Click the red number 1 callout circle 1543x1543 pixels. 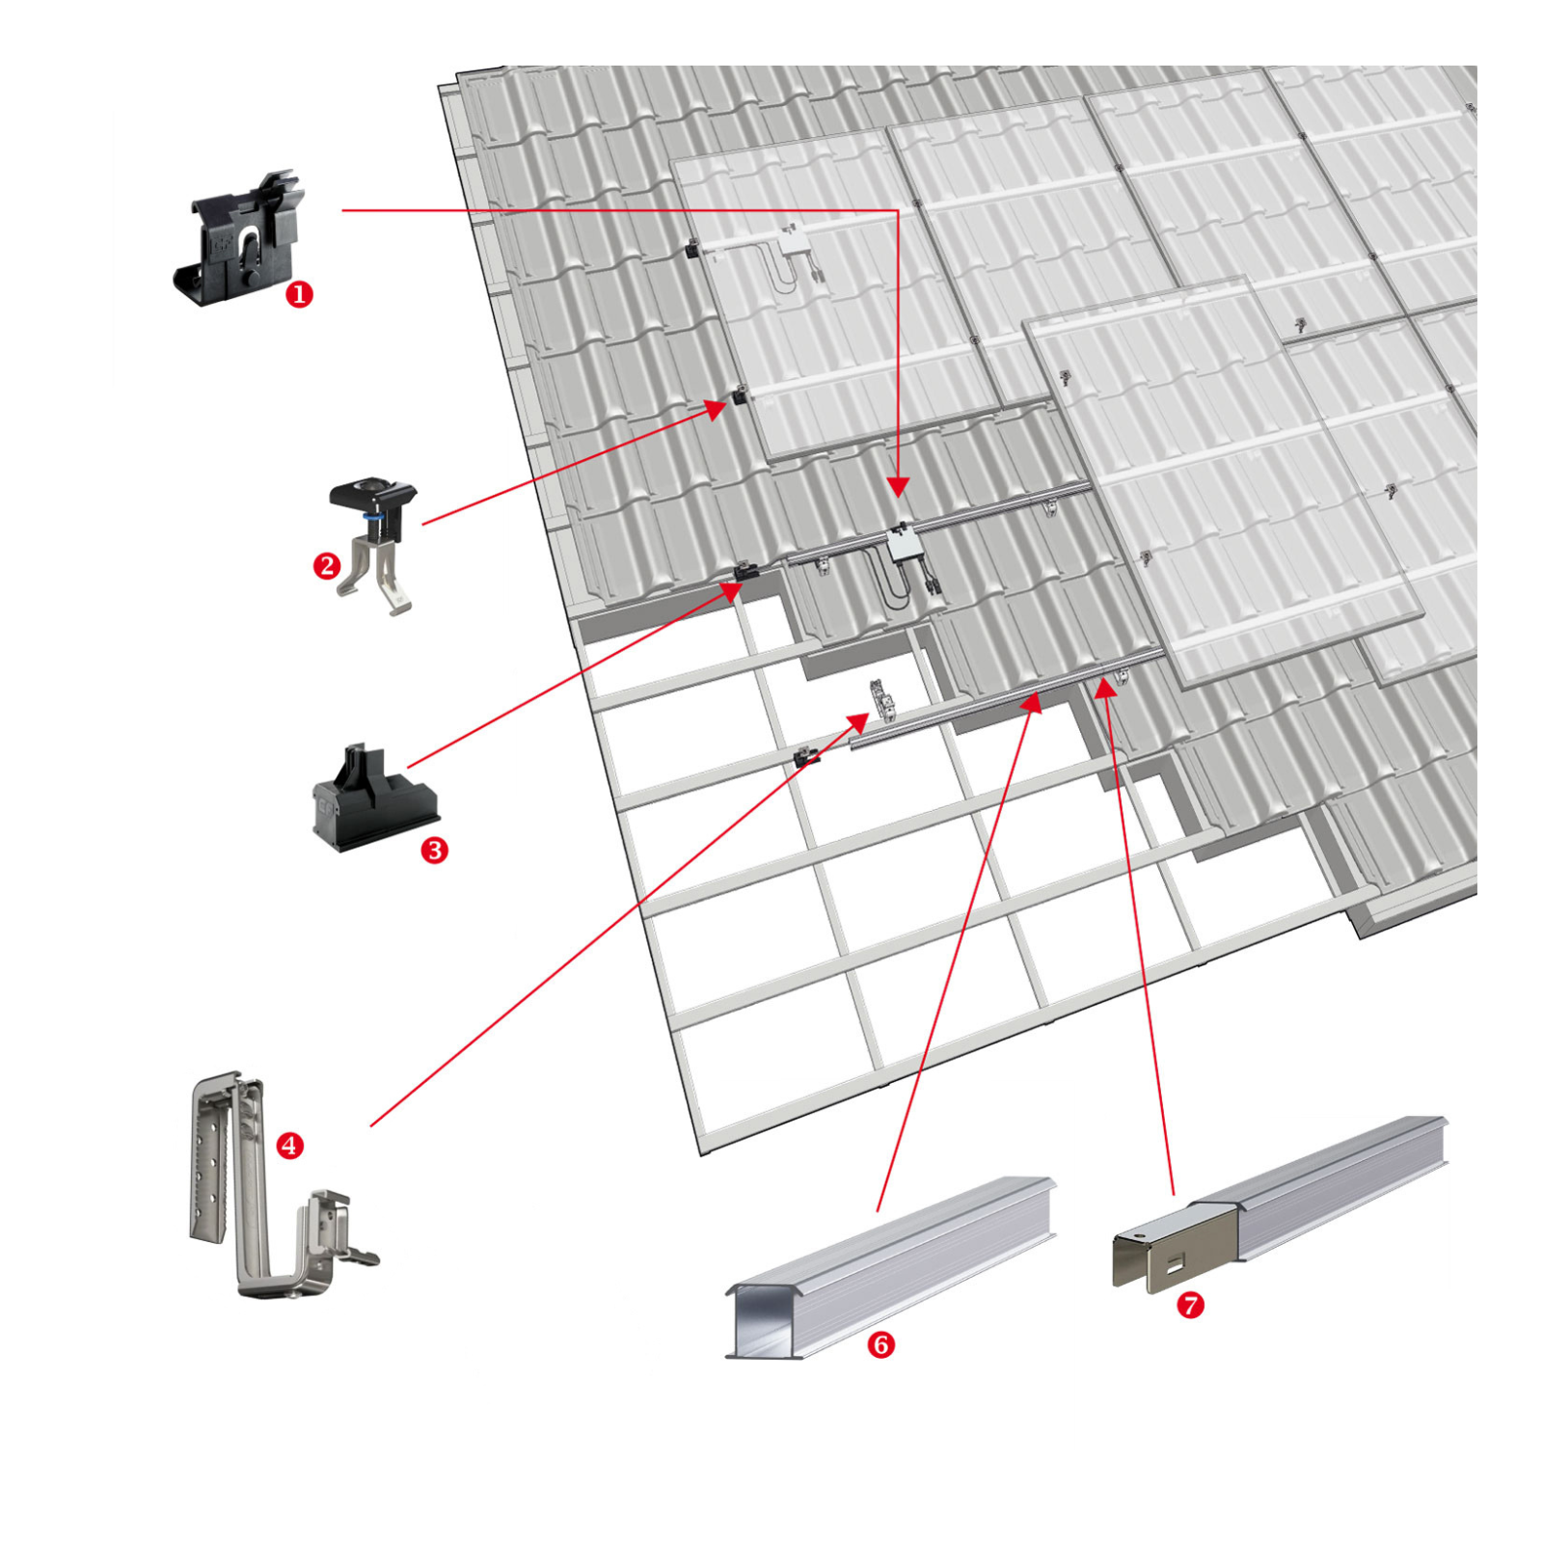coord(299,294)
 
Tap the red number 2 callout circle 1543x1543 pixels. coord(327,565)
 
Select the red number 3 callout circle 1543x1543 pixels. coord(435,850)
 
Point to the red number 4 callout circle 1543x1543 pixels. coord(290,1146)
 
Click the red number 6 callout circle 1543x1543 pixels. coord(880,1344)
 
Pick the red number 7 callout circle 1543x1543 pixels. coord(1191,1305)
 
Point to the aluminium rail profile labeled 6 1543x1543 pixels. coord(897,1263)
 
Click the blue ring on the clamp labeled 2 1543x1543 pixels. coord(372,517)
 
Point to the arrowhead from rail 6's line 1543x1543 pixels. coord(1033,701)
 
